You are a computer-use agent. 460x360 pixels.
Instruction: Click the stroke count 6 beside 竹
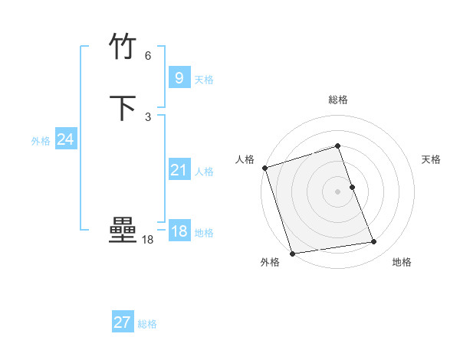pyautogui.click(x=148, y=56)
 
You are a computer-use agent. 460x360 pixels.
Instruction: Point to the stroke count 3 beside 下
pyautogui.click(x=148, y=116)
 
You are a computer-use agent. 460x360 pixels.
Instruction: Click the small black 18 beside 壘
pyautogui.click(x=147, y=240)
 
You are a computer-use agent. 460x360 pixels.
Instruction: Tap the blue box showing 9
pyautogui.click(x=179, y=78)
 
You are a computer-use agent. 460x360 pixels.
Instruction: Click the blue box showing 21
pyautogui.click(x=179, y=170)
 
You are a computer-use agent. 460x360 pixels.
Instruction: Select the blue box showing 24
pyautogui.click(x=66, y=139)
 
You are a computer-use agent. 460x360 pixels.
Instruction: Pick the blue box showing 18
pyautogui.click(x=179, y=231)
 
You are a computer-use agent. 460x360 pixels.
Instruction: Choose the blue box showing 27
pyautogui.click(x=123, y=322)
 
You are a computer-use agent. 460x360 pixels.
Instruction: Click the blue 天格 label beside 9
pyautogui.click(x=204, y=80)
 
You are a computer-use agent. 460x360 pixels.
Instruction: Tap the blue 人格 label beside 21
pyautogui.click(x=204, y=172)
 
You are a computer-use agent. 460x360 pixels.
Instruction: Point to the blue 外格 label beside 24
pyautogui.click(x=41, y=141)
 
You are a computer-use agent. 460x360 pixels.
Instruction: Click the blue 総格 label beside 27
pyautogui.click(x=147, y=324)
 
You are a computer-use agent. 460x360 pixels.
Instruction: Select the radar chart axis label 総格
pyautogui.click(x=338, y=100)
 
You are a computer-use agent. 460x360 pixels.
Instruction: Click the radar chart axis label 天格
pyautogui.click(x=432, y=159)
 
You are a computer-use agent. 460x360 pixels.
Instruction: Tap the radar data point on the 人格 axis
pyautogui.click(x=264, y=168)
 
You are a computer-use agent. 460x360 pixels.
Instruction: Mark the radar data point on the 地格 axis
pyautogui.click(x=374, y=242)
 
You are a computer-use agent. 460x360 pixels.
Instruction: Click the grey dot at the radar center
pyautogui.click(x=338, y=191)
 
